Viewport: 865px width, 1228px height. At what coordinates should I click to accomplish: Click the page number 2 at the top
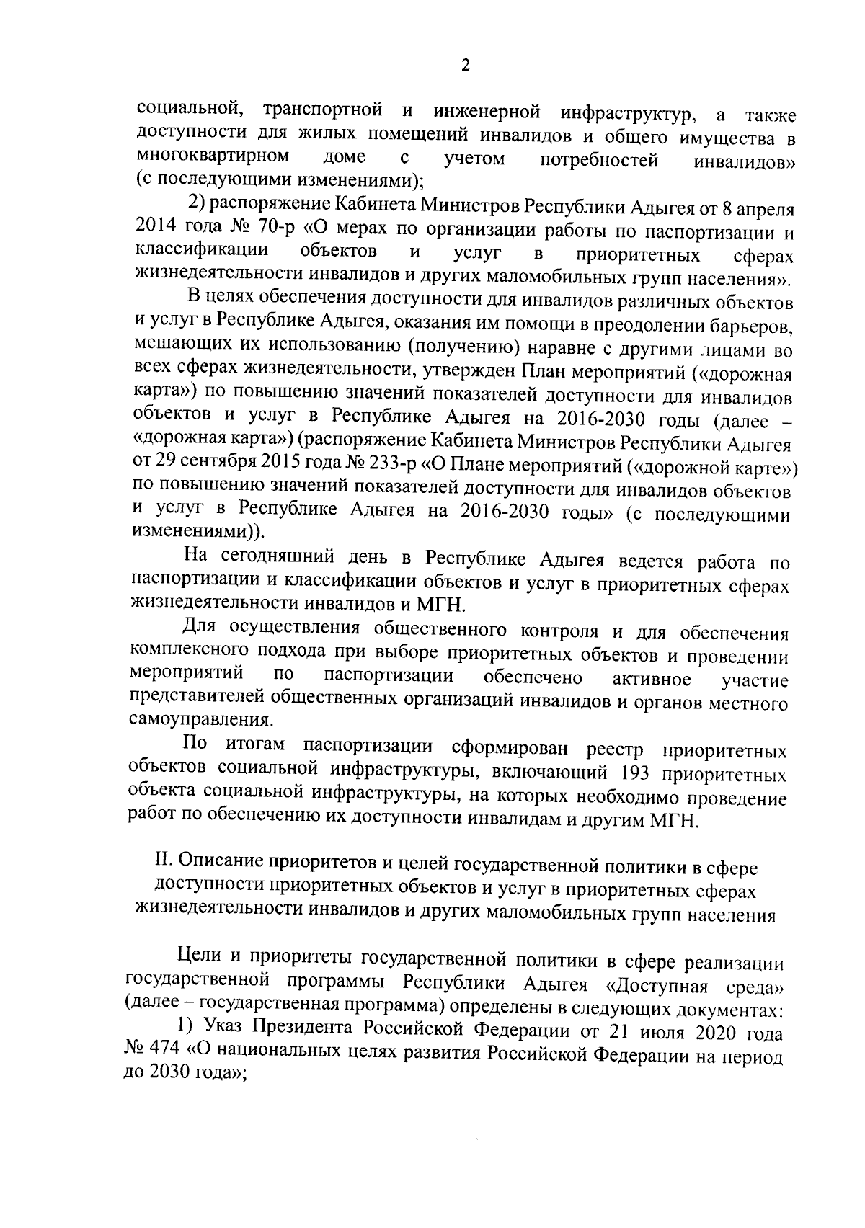tap(465, 65)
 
